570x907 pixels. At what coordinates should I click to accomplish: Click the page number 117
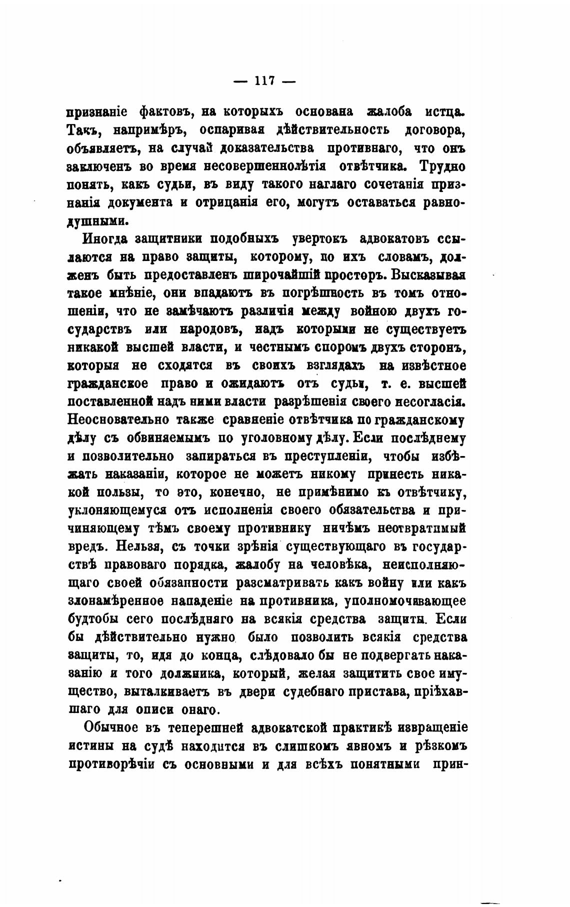(x=264, y=80)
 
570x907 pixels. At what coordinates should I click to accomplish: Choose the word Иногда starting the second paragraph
(x=106, y=238)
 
